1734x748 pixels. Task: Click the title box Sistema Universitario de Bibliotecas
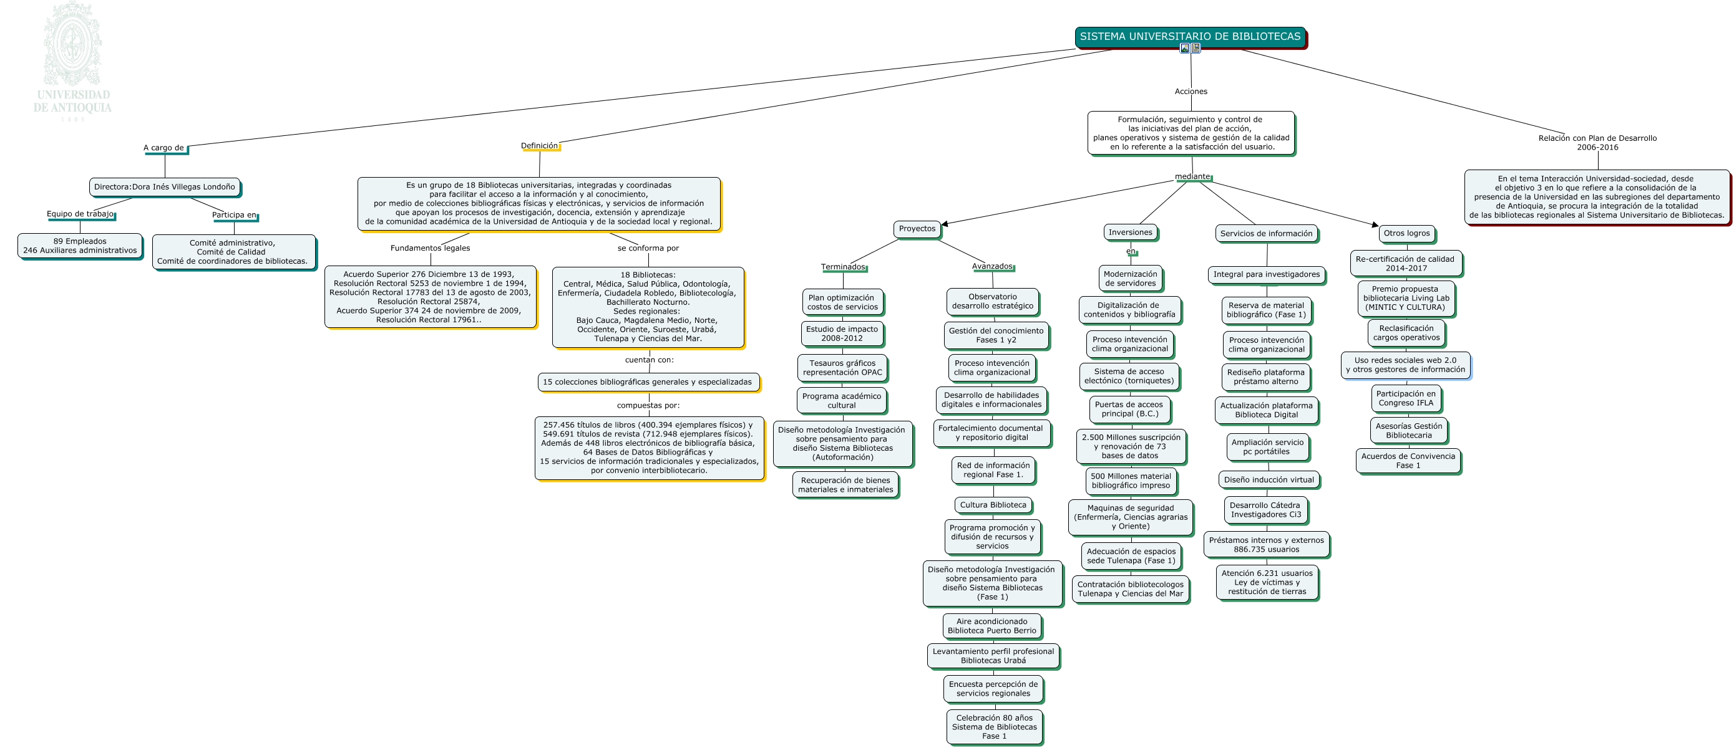pos(1190,37)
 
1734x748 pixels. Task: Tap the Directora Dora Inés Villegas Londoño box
pos(165,187)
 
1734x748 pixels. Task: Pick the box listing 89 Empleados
pos(80,246)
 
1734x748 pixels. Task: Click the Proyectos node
pos(917,229)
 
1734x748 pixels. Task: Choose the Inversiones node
pos(1130,233)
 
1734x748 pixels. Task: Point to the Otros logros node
pos(1406,233)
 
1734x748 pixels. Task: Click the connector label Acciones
pos(1191,92)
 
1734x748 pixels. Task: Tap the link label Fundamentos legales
pos(430,248)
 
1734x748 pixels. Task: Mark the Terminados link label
pos(843,267)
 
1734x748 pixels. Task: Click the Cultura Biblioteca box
pos(993,505)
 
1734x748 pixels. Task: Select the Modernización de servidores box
pos(1130,279)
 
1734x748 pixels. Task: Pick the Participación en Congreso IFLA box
pos(1406,399)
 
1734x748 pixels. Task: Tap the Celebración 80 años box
pos(994,727)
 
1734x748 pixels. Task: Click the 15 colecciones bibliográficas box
pos(648,382)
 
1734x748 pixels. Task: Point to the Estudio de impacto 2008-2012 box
pos(842,333)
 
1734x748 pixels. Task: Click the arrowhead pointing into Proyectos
pos(945,224)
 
